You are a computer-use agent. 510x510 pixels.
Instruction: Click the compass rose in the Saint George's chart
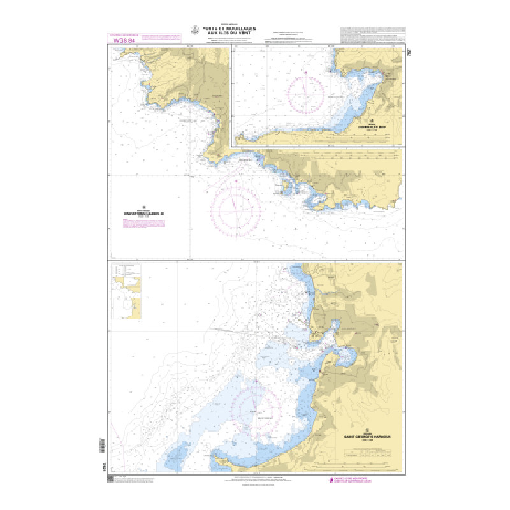coord(256,408)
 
